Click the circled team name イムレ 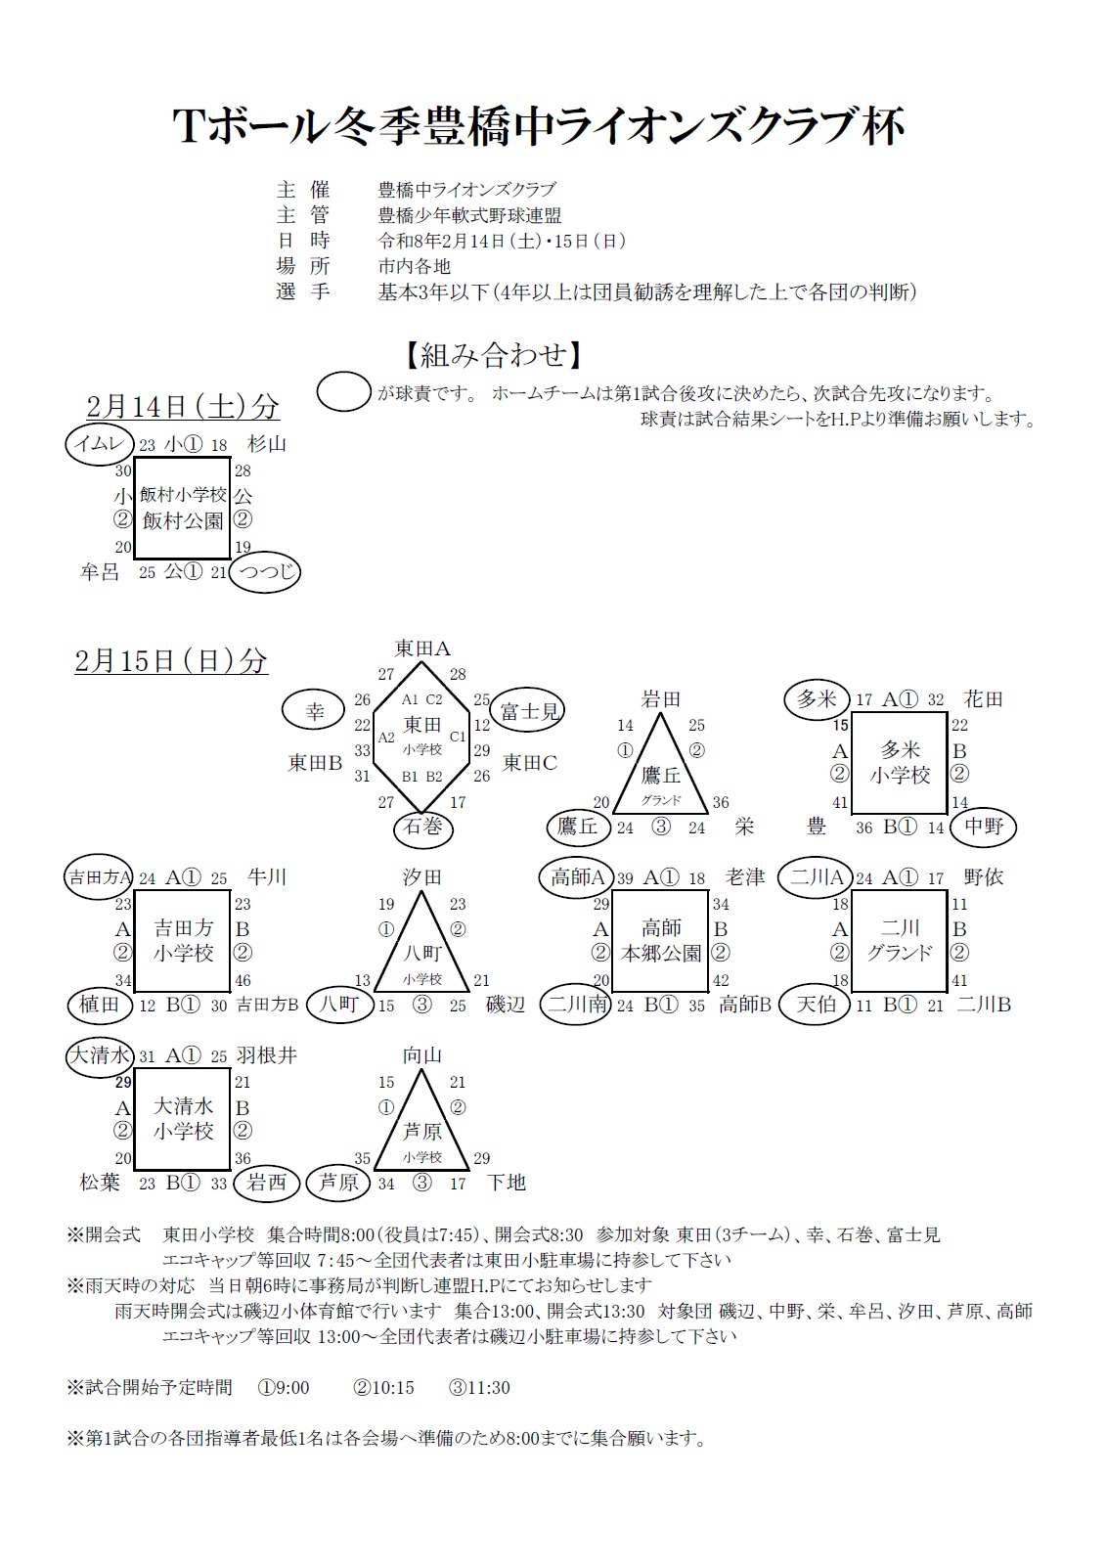pyautogui.click(x=100, y=444)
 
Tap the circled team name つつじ pyautogui.click(x=264, y=572)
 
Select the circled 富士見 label pyautogui.click(x=528, y=711)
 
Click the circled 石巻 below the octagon pyautogui.click(x=423, y=828)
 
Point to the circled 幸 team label pyautogui.click(x=315, y=711)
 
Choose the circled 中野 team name pyautogui.click(x=984, y=827)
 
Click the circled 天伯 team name pyautogui.click(x=815, y=1005)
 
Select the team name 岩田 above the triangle pyautogui.click(x=661, y=698)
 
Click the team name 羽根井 pyautogui.click(x=267, y=1055)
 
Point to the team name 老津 pyautogui.click(x=745, y=877)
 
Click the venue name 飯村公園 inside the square pyautogui.click(x=183, y=521)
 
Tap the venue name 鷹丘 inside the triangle pyautogui.click(x=661, y=775)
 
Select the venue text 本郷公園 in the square pyautogui.click(x=661, y=953)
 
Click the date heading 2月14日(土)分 pyautogui.click(x=183, y=406)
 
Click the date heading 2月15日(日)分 pyautogui.click(x=171, y=661)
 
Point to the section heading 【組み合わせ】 pyautogui.click(x=495, y=354)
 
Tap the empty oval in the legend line pyautogui.click(x=343, y=393)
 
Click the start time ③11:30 pyautogui.click(x=479, y=1387)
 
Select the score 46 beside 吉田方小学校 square pyautogui.click(x=243, y=980)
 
